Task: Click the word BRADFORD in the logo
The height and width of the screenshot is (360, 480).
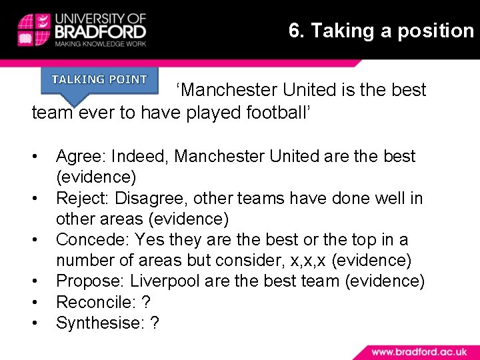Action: [100, 31]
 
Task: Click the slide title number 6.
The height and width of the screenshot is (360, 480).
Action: [294, 31]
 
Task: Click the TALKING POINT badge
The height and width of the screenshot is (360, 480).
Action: [99, 80]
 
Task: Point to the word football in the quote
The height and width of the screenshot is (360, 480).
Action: [273, 112]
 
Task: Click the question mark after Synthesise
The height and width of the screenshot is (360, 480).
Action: [155, 323]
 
